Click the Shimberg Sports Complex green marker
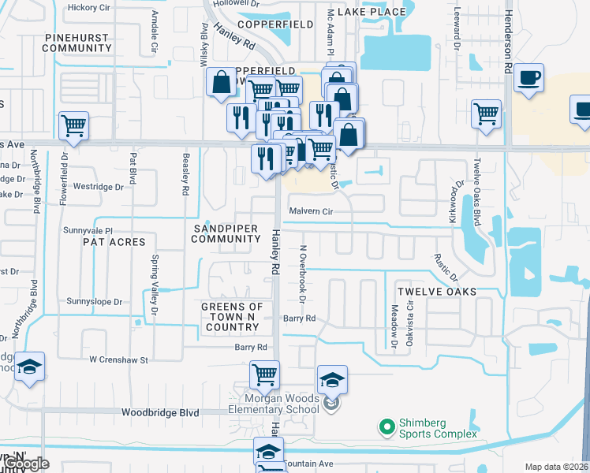tap(386, 427)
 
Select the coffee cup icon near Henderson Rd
tap(528, 79)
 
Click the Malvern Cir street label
tap(311, 211)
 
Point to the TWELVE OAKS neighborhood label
tap(436, 292)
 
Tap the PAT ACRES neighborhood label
tap(114, 242)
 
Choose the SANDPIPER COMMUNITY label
tap(226, 233)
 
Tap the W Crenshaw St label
tap(118, 360)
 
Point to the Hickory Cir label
tap(89, 7)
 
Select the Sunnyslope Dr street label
tap(95, 302)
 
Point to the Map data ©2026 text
tap(556, 467)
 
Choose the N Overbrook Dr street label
tap(301, 270)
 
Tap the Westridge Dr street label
tap(98, 188)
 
